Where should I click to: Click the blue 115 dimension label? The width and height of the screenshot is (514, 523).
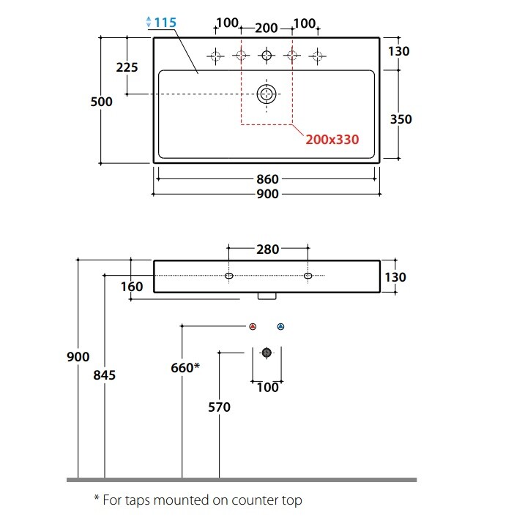point(165,23)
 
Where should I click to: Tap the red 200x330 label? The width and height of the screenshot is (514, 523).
point(332,139)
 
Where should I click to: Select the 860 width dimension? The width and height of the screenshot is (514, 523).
point(267,179)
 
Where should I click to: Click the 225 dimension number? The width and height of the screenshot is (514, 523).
point(127,67)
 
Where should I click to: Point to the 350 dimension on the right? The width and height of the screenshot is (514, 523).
point(401,119)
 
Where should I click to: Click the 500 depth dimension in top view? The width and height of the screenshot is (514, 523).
point(101,102)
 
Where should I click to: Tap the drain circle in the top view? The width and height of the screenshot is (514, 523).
point(267,94)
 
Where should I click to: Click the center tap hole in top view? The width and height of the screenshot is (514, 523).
point(267,55)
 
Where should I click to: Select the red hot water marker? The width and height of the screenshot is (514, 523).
point(253,326)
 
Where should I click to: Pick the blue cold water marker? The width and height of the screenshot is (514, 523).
point(280,326)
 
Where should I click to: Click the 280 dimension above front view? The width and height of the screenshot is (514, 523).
point(267,249)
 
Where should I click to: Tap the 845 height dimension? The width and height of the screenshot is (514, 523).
point(105,375)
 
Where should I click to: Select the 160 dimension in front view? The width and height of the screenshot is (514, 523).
point(132,287)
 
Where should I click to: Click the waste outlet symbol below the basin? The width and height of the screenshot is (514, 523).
point(267,353)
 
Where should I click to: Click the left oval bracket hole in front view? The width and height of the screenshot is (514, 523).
point(229,276)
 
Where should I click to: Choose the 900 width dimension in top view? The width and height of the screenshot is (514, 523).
point(267,194)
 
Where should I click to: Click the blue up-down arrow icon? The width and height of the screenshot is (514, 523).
point(149,22)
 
